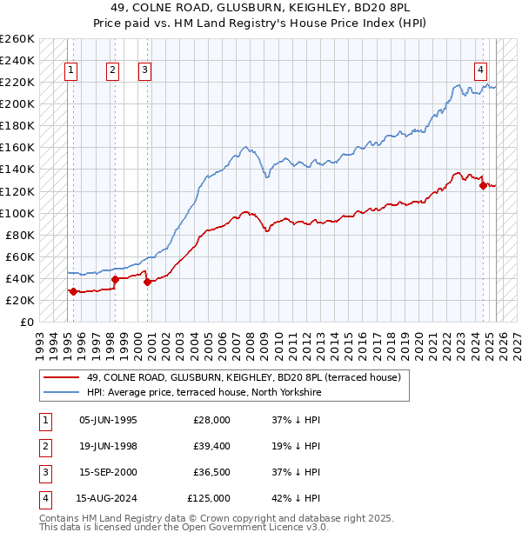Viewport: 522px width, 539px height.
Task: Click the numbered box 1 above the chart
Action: click(x=70, y=71)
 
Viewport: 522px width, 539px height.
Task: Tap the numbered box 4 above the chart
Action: click(x=480, y=71)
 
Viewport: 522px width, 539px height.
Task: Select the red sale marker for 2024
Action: click(x=484, y=184)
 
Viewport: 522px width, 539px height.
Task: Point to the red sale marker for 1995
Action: click(x=73, y=291)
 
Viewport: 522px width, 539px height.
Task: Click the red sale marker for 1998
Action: click(x=115, y=279)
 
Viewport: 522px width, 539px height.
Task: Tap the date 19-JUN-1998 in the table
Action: click(x=108, y=446)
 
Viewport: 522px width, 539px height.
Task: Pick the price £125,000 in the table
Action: click(x=209, y=498)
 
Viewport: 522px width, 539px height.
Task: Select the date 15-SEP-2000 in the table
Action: click(x=108, y=472)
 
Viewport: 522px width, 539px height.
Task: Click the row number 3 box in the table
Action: click(x=43, y=472)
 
